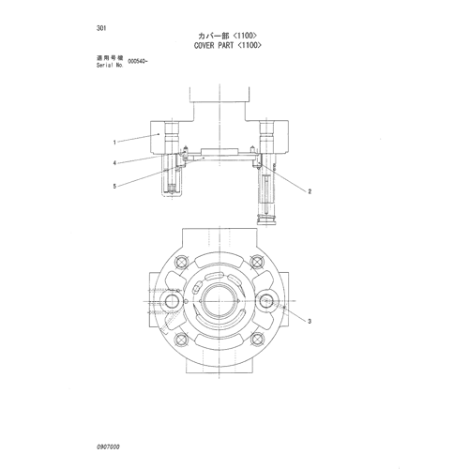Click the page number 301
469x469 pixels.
click(101, 28)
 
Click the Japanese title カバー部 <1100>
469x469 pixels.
click(228, 36)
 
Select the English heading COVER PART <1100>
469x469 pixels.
click(228, 46)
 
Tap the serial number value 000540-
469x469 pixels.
click(138, 62)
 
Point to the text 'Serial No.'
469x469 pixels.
click(110, 66)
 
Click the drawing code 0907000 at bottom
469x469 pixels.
click(108, 447)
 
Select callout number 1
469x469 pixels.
click(114, 143)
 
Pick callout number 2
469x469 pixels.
click(310, 191)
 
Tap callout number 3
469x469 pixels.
click(310, 321)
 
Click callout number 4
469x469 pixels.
click(114, 163)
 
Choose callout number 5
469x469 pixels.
click(114, 187)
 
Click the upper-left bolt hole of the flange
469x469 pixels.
click(181, 262)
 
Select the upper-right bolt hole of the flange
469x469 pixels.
click(257, 262)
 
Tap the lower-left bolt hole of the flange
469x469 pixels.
click(181, 339)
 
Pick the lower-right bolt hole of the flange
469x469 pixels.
click(257, 339)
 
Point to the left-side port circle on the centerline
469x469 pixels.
click(172, 301)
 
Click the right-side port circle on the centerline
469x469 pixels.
click(266, 301)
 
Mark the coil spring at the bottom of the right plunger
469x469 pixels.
click(266, 219)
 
